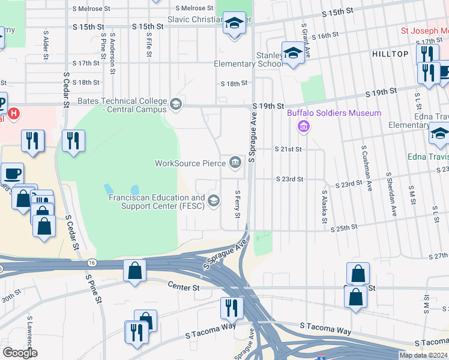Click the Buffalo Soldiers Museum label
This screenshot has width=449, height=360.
pyautogui.click(x=334, y=113)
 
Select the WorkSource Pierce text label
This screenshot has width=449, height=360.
pyautogui.click(x=189, y=163)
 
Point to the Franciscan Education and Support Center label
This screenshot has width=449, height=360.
pyautogui.click(x=156, y=202)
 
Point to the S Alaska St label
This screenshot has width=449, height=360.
pyautogui.click(x=324, y=208)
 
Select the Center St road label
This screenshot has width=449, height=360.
pyautogui.click(x=183, y=287)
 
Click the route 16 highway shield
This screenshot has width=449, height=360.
pyautogui.click(x=91, y=262)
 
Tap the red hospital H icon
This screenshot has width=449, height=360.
pyautogui.click(x=14, y=112)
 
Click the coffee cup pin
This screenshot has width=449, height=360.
pyautogui.click(x=12, y=175)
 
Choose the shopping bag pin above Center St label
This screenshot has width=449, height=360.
pyautogui.click(x=134, y=271)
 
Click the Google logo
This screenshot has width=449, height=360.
pyautogui.click(x=20, y=353)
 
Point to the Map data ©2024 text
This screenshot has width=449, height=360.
pyautogui.click(x=423, y=355)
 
